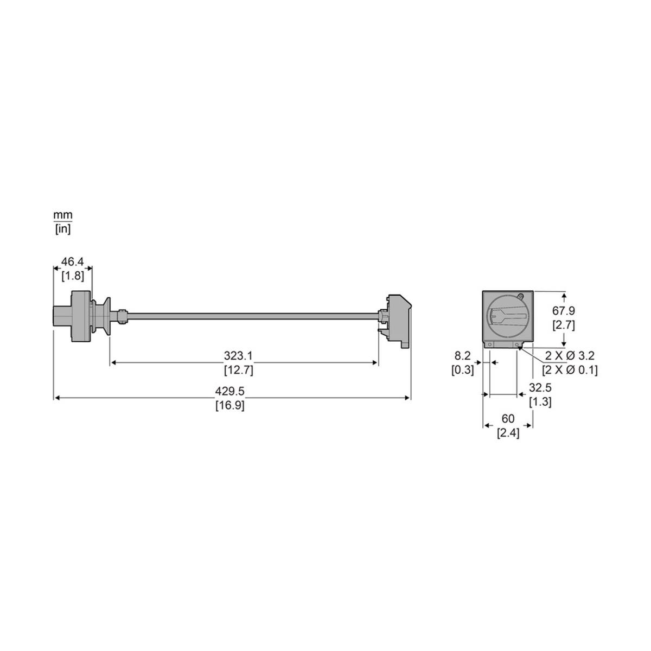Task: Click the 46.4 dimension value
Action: click(72, 261)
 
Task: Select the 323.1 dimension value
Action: click(238, 355)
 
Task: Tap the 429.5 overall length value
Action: click(229, 391)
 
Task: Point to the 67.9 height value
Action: click(564, 310)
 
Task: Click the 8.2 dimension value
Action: click(463, 355)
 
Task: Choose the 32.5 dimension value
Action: click(540, 387)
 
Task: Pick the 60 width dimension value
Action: click(508, 419)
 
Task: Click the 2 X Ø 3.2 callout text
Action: click(570, 355)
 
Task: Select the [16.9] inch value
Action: click(229, 405)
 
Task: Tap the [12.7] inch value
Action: click(239, 370)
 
